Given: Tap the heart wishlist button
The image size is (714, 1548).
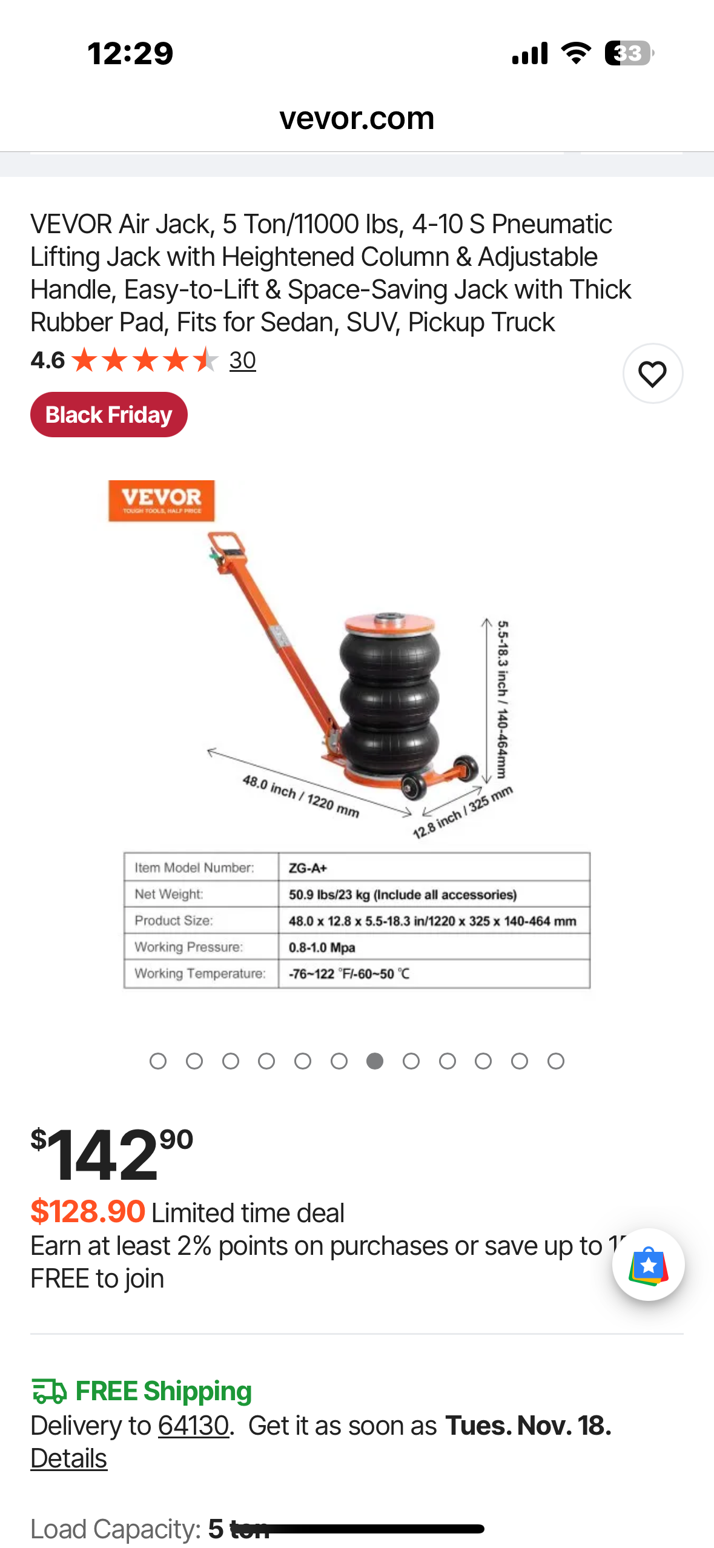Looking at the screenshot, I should [652, 374].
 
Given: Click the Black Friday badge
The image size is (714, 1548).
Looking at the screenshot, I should [109, 415].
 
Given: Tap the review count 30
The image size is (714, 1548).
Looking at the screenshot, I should [242, 361].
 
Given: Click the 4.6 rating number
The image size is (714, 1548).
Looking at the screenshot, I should [47, 361].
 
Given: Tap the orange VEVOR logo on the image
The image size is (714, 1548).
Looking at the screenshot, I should [161, 501].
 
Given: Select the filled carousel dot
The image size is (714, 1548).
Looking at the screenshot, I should [375, 1061].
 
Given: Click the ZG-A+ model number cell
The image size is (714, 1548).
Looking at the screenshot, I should [308, 868].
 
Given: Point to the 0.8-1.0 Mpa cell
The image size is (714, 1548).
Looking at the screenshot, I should [322, 947].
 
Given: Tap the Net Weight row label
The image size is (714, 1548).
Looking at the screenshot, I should [169, 895].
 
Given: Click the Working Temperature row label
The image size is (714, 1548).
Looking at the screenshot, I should [200, 973].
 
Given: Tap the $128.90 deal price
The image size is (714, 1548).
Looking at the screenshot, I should [88, 1212].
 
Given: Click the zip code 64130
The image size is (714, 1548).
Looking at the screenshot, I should [193, 1426].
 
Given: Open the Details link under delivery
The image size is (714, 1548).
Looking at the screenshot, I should [69, 1458].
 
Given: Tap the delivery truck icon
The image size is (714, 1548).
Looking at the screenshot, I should [49, 1391].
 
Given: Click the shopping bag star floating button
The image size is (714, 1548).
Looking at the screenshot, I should [648, 1265].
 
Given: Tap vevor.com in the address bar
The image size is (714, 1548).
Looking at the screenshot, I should [357, 118].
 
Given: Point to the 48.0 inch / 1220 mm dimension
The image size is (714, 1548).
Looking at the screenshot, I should [301, 796].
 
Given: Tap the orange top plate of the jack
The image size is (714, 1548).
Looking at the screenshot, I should [389, 623].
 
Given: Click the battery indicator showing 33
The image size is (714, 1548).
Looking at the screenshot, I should [629, 53].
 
